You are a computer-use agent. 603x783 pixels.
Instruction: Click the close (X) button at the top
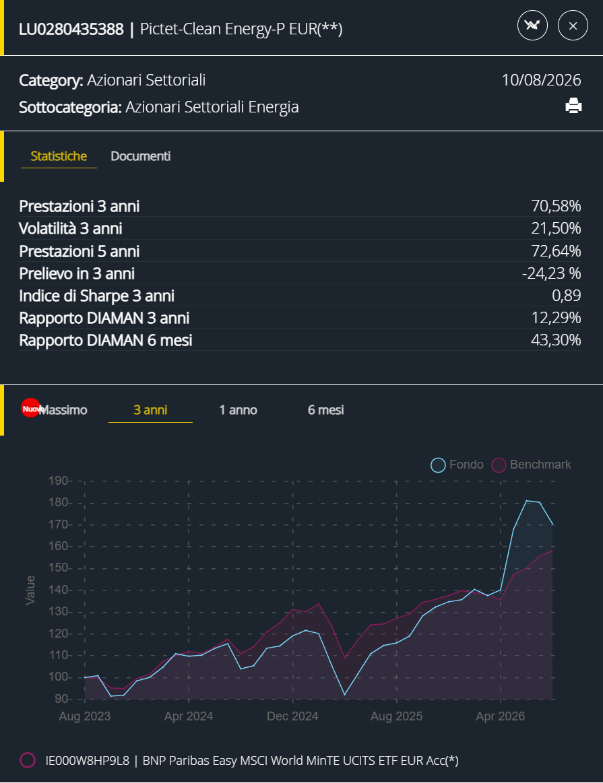pyautogui.click(x=573, y=26)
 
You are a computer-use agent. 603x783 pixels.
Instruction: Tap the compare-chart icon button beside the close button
pyautogui.click(x=532, y=26)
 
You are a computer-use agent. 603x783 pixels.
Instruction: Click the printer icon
pyautogui.click(x=573, y=106)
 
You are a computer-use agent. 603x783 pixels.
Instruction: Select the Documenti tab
pyautogui.click(x=140, y=156)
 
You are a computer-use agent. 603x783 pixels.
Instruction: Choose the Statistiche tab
pyautogui.click(x=59, y=156)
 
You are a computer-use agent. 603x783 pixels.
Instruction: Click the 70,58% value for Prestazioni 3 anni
pyautogui.click(x=556, y=206)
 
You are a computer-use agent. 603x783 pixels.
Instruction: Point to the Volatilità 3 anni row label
pyautogui.click(x=71, y=228)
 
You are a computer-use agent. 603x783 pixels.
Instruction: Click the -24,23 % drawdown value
pyautogui.click(x=552, y=273)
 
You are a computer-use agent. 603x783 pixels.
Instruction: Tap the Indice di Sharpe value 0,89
pyautogui.click(x=567, y=296)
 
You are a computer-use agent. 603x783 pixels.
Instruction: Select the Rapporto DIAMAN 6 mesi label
pyautogui.click(x=105, y=340)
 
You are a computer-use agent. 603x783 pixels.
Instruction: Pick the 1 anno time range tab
pyautogui.click(x=239, y=410)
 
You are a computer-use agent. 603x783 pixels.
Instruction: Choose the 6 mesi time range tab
pyautogui.click(x=325, y=410)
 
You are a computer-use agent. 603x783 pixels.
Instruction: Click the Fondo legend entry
pyautogui.click(x=457, y=465)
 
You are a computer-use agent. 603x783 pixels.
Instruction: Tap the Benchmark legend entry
pyautogui.click(x=531, y=465)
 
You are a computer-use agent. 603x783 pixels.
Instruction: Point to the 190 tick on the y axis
pyautogui.click(x=58, y=481)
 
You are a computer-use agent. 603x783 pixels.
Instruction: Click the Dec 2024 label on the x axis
pyautogui.click(x=292, y=716)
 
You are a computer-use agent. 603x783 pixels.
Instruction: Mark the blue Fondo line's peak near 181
pyautogui.click(x=527, y=500)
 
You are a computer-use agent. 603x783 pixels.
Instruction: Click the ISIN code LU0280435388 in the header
pyautogui.click(x=71, y=29)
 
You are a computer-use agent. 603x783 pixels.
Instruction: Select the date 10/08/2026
pyautogui.click(x=542, y=80)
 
